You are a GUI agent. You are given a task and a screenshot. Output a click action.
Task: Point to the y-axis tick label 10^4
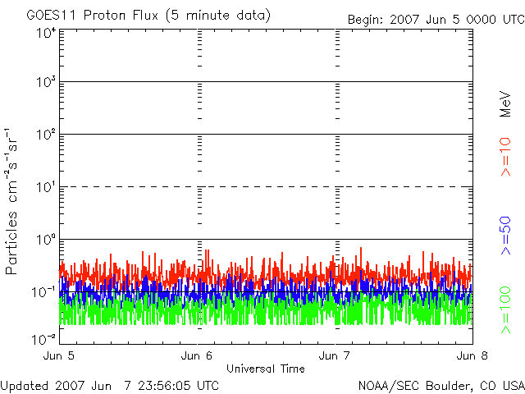click(x=46, y=33)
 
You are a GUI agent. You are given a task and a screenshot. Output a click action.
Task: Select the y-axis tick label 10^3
click(x=46, y=81)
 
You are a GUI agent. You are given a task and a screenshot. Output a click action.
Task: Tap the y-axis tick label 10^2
click(x=46, y=134)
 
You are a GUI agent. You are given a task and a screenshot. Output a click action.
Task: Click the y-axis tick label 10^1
click(x=46, y=186)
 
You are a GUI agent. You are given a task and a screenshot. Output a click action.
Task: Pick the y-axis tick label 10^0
click(x=46, y=239)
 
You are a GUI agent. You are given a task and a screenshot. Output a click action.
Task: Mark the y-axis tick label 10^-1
click(x=43, y=292)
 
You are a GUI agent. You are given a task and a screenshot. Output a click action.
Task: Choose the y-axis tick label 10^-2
click(x=43, y=339)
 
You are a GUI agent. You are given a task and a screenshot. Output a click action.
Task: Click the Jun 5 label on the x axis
click(x=59, y=355)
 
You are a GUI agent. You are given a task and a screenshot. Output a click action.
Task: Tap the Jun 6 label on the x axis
click(x=197, y=355)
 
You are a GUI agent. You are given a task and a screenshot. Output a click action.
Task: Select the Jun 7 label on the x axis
click(x=335, y=355)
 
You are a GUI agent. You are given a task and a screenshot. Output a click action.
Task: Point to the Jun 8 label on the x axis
click(x=472, y=355)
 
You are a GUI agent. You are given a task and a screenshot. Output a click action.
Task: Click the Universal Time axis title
click(x=266, y=369)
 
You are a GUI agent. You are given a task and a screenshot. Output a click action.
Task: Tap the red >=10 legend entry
click(x=505, y=157)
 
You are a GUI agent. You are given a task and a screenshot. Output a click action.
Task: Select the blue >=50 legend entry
click(x=505, y=236)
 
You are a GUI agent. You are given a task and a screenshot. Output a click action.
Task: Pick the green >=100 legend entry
click(x=505, y=310)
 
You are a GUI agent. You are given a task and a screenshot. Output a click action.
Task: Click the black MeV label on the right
click(x=505, y=104)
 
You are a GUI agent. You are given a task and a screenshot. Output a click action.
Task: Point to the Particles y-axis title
click(x=11, y=243)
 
